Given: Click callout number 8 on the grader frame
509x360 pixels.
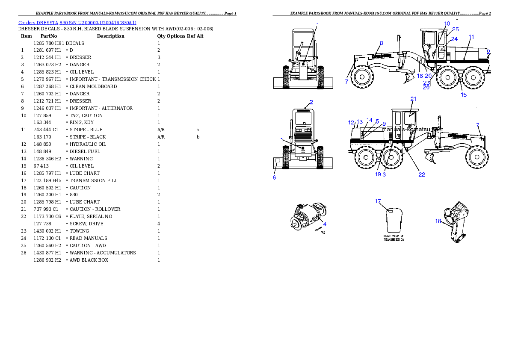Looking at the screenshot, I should click(381, 43).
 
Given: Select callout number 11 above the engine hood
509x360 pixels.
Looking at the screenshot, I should click(471, 37).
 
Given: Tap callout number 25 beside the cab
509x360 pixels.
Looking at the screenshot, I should click(455, 30).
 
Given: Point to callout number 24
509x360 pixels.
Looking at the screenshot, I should click(454, 39).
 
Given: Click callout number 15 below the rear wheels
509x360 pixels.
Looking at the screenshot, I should click(464, 95).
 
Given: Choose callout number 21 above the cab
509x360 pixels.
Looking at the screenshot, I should click(413, 99).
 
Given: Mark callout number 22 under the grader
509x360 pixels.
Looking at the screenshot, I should click(422, 174).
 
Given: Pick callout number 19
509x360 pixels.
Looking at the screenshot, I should click(378, 174).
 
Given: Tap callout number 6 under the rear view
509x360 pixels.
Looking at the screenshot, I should click(274, 177).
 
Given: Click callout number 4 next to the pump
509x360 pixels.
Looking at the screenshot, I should click(325, 224).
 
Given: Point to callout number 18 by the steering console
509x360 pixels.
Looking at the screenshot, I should click(438, 221).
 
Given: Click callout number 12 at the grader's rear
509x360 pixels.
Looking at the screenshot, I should click(351, 122).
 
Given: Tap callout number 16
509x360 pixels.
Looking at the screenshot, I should click(420, 76).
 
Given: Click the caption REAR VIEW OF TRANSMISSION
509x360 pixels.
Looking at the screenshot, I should click(394, 238).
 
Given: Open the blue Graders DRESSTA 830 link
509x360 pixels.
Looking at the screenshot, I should click(77, 23).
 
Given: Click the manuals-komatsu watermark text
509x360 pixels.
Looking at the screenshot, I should click(412, 129).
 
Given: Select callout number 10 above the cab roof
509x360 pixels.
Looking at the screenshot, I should click(447, 23).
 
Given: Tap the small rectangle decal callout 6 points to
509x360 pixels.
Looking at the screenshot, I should click(277, 162).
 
